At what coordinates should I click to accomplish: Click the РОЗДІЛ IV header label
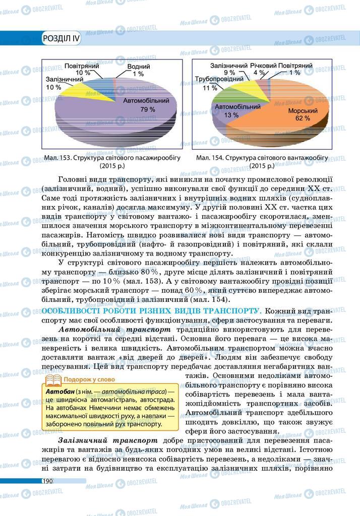pos(62,38)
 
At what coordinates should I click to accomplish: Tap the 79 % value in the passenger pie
pos(148,109)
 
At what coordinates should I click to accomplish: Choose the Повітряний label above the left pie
pos(81,66)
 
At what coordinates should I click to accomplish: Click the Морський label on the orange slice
pos(302,110)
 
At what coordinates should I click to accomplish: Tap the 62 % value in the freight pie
pos(303,118)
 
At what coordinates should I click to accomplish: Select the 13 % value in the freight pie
pos(231,115)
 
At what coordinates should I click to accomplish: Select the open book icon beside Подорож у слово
pos(53,379)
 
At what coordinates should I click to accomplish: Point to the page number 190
pos(48,481)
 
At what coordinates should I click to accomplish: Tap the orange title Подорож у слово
pos(89,379)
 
